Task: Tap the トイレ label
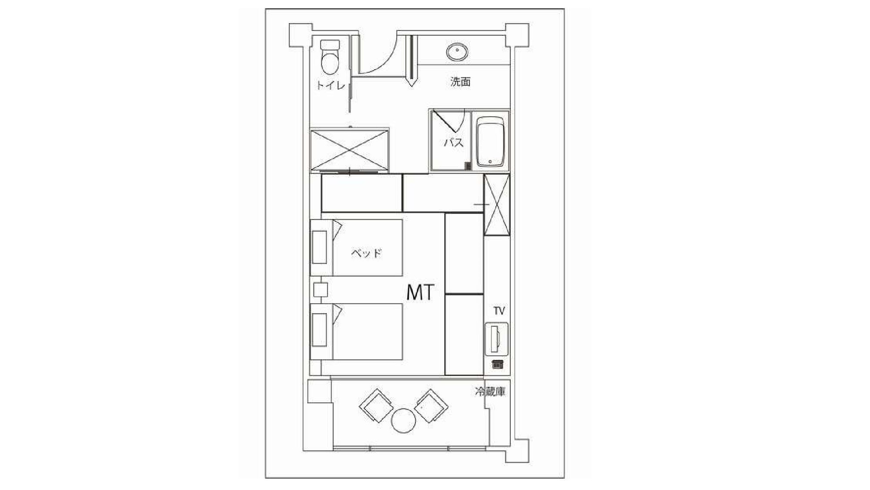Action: (331, 84)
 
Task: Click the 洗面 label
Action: (460, 81)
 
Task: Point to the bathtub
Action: (491, 142)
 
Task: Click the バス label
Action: (454, 142)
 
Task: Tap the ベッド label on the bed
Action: (366, 253)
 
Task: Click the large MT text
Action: (420, 292)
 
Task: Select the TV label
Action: (499, 311)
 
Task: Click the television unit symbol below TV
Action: (496, 339)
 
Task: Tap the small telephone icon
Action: (497, 364)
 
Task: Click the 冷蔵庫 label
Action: (490, 392)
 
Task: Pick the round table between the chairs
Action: (404, 420)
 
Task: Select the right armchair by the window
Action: (431, 406)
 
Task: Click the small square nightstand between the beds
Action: (321, 290)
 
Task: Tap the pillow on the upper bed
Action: (319, 247)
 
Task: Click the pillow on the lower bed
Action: (319, 330)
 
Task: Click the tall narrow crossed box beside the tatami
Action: (497, 204)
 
